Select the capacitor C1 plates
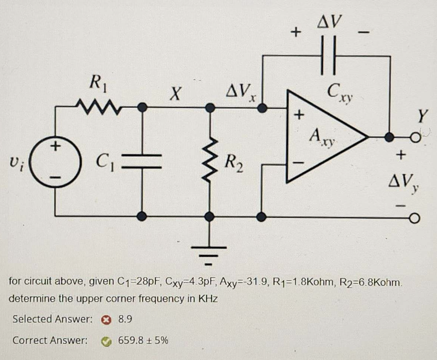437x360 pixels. pos(142,162)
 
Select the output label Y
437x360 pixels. pos(423,116)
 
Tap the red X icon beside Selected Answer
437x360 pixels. pos(105,319)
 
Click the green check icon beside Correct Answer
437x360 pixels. pos(106,341)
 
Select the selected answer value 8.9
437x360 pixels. pos(125,319)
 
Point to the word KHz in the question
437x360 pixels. pos(208,299)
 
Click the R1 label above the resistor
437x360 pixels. pos(98,84)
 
